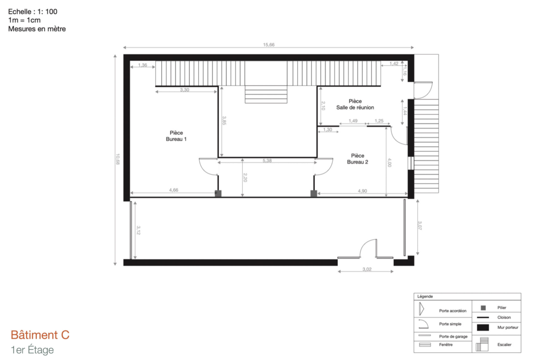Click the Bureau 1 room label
(176, 136)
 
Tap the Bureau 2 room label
(358, 159)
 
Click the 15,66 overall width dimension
(269, 45)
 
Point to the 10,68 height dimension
(117, 159)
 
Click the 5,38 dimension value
(267, 161)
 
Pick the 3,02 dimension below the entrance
(367, 269)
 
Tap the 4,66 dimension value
(173, 190)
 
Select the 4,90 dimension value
(362, 191)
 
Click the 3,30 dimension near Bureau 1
(185, 90)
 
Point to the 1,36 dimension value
(142, 65)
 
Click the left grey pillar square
(218, 194)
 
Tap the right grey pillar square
(313, 194)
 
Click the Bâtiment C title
(40, 335)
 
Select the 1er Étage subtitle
(32, 350)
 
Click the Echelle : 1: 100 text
(33, 11)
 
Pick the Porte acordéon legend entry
(453, 311)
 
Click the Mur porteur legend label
(508, 327)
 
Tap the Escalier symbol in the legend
(482, 344)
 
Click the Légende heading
(425, 296)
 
